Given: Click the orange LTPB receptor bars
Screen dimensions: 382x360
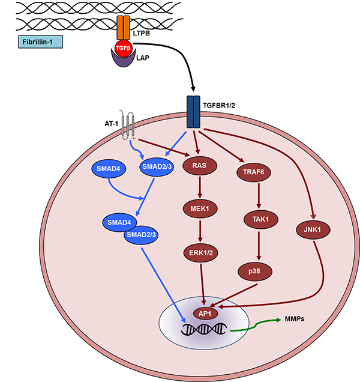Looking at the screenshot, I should tap(123, 28).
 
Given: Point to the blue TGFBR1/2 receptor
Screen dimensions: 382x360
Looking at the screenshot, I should tap(193, 112).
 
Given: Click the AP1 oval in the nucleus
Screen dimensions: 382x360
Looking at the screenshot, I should tap(203, 312).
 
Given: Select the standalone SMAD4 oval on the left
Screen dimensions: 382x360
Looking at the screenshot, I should tap(109, 169).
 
